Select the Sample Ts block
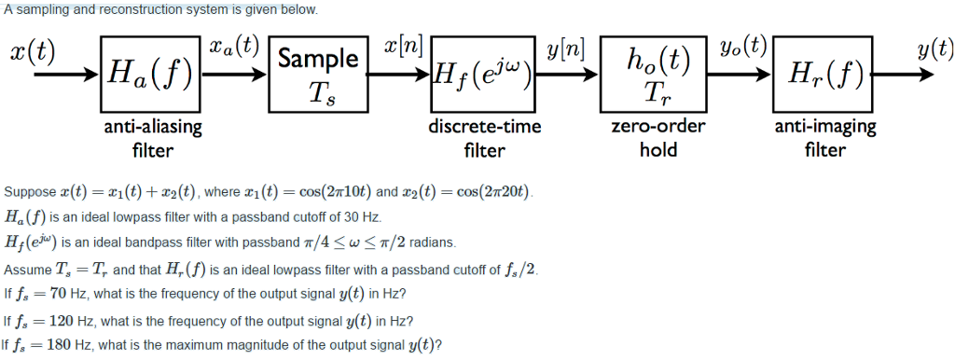(x=317, y=75)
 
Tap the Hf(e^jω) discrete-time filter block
(x=483, y=75)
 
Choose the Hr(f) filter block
(x=824, y=75)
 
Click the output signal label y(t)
(x=934, y=48)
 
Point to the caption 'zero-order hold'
(x=658, y=137)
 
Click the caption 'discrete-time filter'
(x=484, y=137)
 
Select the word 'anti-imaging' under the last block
(x=824, y=127)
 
